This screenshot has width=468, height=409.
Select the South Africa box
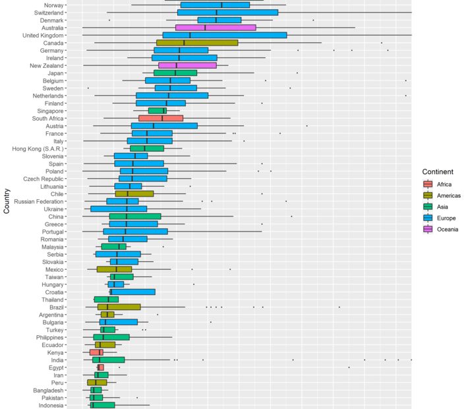tap(161, 118)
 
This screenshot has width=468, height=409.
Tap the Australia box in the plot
tap(216, 28)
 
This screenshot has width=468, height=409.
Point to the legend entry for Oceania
tap(441, 230)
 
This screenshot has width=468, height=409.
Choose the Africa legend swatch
tap(428, 185)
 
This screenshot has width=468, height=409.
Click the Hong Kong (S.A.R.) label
tap(38, 148)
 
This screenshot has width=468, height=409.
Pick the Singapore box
tap(158, 111)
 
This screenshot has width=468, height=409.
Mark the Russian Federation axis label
tap(39, 201)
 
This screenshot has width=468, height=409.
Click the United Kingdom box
tap(225, 35)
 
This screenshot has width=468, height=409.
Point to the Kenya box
tap(97, 352)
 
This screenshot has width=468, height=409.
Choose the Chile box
tap(134, 194)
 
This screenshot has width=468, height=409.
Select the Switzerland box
tap(227, 13)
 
